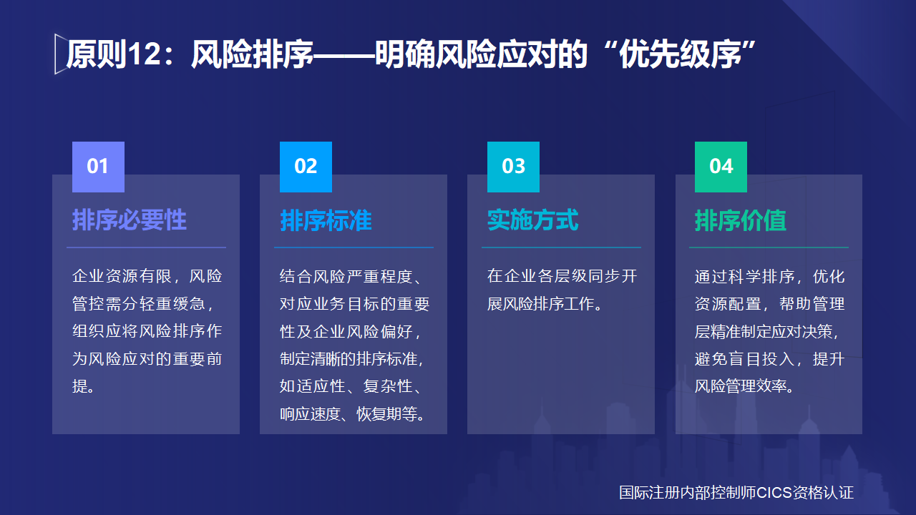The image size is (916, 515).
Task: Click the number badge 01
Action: [98, 167]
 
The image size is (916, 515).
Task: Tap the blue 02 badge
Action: [306, 167]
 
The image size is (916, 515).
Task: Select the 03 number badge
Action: [513, 167]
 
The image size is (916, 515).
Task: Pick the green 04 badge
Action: [721, 167]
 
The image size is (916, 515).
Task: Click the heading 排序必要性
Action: [129, 220]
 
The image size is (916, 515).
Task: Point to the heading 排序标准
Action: [326, 220]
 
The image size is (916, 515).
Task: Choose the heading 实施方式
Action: [532, 220]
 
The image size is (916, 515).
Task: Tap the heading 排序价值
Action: [740, 220]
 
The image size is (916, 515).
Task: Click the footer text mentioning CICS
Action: [736, 493]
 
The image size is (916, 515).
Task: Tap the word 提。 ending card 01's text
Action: [84, 387]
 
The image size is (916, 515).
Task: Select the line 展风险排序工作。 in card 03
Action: [544, 304]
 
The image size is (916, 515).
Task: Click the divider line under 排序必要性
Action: [146, 247]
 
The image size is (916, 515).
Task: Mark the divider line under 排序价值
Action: [769, 247]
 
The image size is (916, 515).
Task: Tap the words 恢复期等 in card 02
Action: [386, 414]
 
